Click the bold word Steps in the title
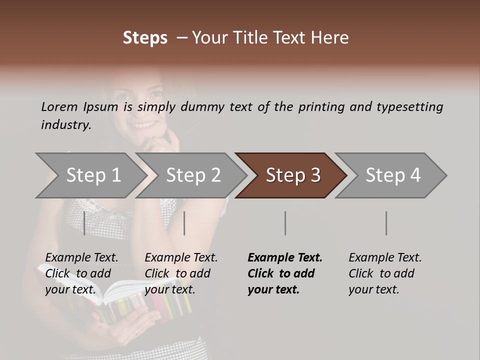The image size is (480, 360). (145, 38)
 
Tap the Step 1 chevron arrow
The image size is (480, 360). (90, 175)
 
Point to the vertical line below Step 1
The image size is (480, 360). (84, 223)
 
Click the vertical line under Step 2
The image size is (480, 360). (184, 223)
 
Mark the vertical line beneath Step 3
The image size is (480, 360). (285, 223)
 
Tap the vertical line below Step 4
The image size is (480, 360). (386, 223)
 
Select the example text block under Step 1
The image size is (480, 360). (81, 273)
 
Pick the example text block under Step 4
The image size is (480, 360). (385, 273)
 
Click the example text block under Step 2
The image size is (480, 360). (181, 273)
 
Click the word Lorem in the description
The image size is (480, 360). (59, 106)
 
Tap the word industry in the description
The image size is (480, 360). (66, 124)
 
